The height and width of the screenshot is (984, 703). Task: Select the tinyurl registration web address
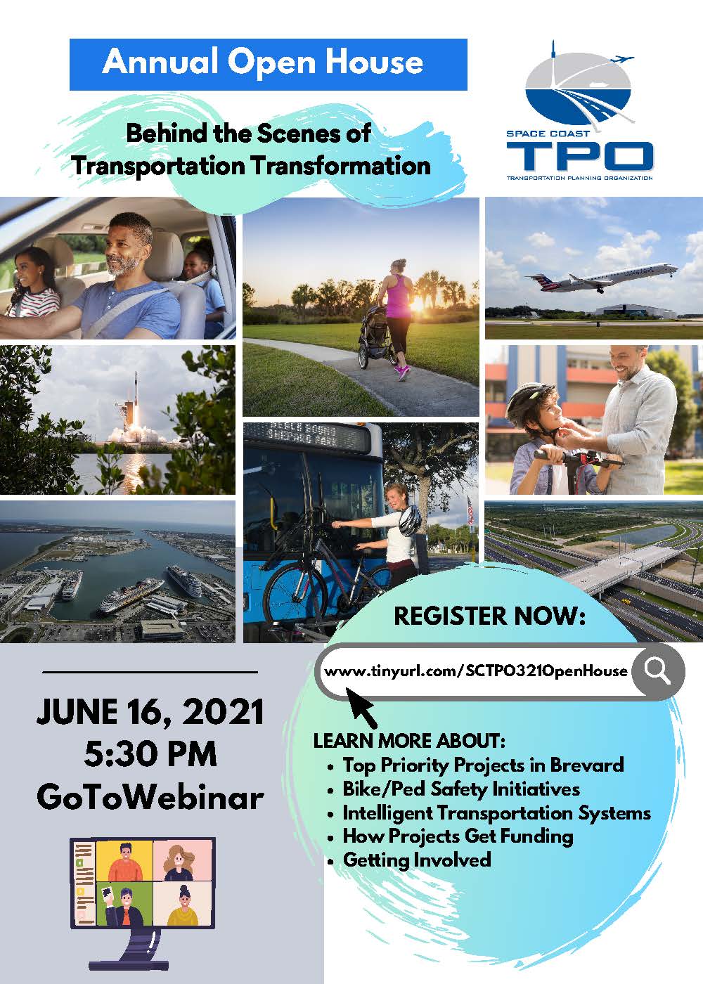pos(476,671)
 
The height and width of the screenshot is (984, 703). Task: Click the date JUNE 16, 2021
pos(150,712)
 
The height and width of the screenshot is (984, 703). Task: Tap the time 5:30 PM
pos(150,754)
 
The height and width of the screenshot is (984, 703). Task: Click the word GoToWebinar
pos(150,797)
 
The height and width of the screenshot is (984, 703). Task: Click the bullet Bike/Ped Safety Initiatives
pos(461,789)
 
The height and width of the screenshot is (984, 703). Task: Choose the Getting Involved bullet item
pos(416,860)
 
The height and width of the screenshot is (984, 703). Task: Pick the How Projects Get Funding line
pos(458,836)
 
